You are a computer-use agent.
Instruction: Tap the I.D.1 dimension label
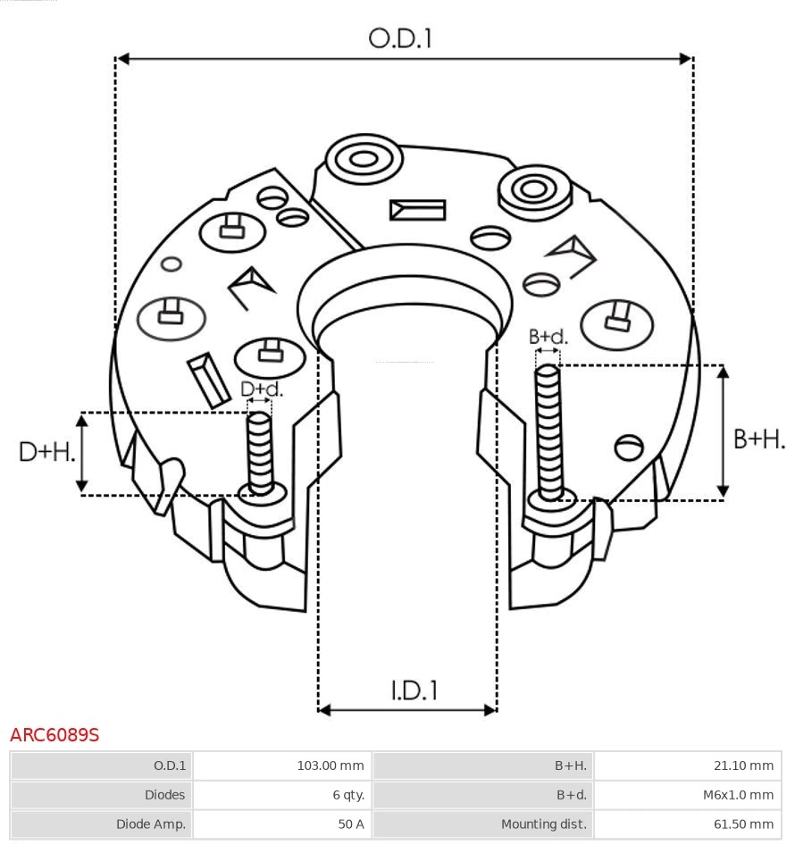pyautogui.click(x=414, y=690)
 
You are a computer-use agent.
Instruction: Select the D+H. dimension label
pyautogui.click(x=46, y=452)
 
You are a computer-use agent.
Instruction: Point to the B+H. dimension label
pyautogui.click(x=758, y=439)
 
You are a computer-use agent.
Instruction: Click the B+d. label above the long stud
pyautogui.click(x=548, y=337)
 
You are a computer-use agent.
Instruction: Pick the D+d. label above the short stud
pyautogui.click(x=262, y=389)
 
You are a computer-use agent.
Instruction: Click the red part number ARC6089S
pyautogui.click(x=54, y=735)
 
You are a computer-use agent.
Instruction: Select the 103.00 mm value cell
pyautogui.click(x=330, y=766)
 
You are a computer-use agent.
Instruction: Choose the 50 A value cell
pyautogui.click(x=350, y=824)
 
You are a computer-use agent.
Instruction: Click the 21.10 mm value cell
pyautogui.click(x=749, y=766)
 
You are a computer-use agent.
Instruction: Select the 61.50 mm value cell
pyautogui.click(x=749, y=824)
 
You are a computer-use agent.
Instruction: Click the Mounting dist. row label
pyautogui.click(x=543, y=824)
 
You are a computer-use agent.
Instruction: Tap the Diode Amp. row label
pyautogui.click(x=151, y=824)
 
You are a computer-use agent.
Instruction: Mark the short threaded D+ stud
pyautogui.click(x=260, y=451)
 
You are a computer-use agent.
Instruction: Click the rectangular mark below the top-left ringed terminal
pyautogui.click(x=417, y=210)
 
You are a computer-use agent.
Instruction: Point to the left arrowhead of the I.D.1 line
pyautogui.click(x=324, y=710)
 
